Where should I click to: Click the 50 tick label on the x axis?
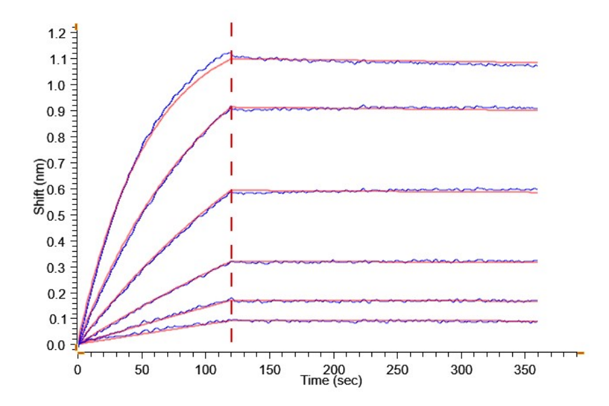point(141,370)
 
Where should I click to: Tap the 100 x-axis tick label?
point(206,370)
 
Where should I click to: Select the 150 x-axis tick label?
point(269,370)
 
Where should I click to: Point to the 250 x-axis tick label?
point(397,370)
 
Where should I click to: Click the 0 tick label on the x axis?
point(78,370)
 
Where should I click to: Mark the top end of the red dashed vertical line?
point(231,24)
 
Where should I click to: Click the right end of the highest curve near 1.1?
point(537,64)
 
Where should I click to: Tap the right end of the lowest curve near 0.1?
point(537,321)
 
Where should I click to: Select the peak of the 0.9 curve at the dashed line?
point(231,107)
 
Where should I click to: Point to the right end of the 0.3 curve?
point(537,261)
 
